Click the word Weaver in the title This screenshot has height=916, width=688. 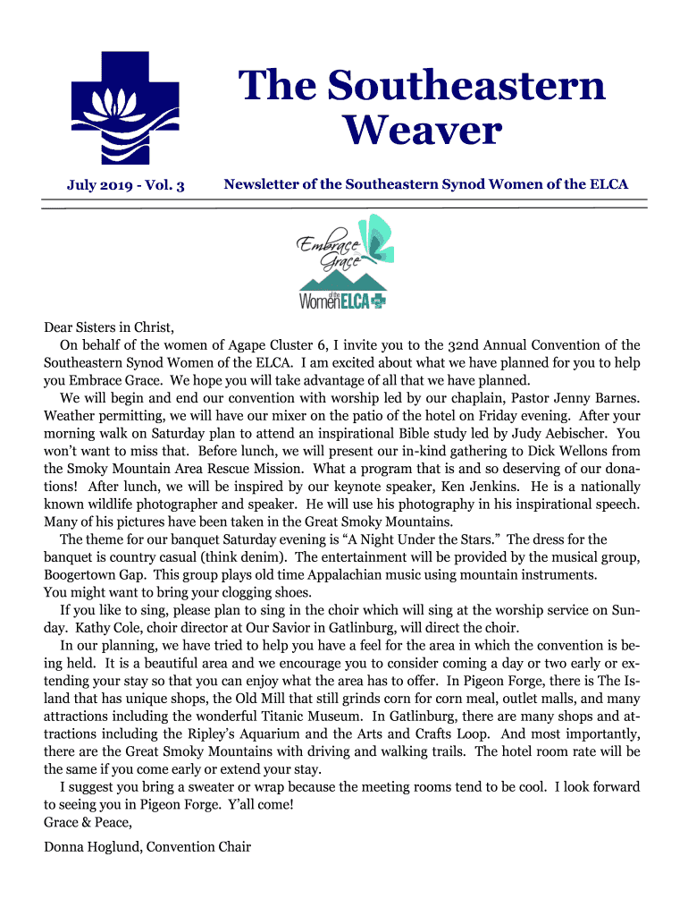[423, 131]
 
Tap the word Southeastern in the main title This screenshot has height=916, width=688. [421, 86]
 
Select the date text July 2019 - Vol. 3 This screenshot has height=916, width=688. [126, 186]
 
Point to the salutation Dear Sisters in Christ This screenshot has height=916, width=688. [107, 327]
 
